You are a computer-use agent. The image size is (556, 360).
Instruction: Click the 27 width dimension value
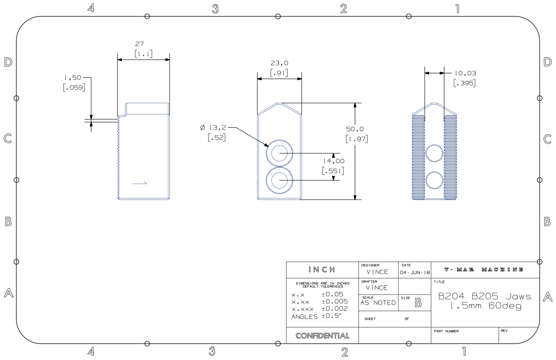point(139,45)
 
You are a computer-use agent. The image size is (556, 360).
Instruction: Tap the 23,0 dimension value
point(279,64)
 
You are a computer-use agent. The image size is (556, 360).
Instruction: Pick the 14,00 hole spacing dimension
point(333,161)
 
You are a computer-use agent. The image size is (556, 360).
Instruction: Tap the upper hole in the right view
point(434,154)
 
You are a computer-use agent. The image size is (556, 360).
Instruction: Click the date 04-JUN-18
point(412,272)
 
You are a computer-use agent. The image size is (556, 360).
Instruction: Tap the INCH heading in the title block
point(323,269)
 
